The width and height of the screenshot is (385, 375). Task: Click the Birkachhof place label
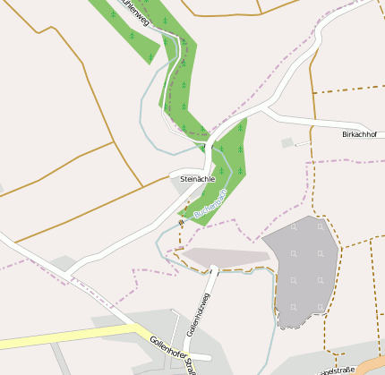359,133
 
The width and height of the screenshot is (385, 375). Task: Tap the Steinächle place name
198,179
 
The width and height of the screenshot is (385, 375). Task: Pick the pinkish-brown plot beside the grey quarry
226,257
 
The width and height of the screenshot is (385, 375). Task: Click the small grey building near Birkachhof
287,142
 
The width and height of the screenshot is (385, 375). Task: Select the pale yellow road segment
72,337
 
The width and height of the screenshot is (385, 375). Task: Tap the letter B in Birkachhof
345,133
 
